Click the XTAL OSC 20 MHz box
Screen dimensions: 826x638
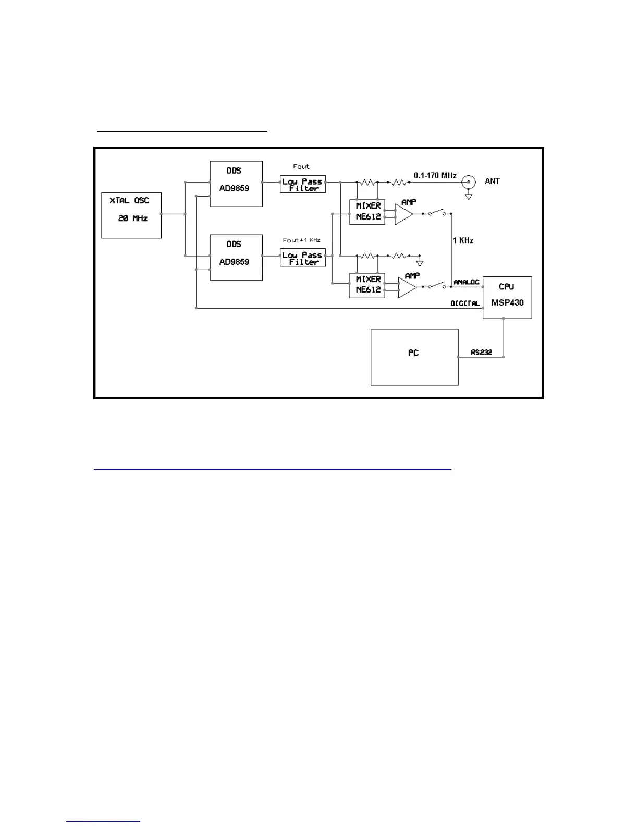[x=131, y=215]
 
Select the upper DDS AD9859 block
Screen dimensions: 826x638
[x=236, y=184]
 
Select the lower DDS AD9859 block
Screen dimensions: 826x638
[x=236, y=257]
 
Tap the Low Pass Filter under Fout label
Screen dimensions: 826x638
[x=302, y=185]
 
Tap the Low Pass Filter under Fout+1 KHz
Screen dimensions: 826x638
[x=302, y=258]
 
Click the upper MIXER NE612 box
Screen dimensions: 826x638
[x=367, y=211]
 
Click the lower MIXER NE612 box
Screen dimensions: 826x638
[x=367, y=285]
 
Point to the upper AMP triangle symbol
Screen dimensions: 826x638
[x=402, y=214]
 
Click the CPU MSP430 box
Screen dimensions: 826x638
[x=507, y=297]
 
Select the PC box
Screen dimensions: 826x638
[x=414, y=357]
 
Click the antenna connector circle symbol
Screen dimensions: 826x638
[x=469, y=181]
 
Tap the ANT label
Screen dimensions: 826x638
[x=492, y=181]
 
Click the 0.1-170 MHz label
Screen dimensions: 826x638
[x=435, y=176]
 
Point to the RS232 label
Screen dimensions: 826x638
[x=481, y=352]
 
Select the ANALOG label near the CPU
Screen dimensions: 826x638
[x=466, y=282]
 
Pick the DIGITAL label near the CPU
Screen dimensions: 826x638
[x=465, y=303]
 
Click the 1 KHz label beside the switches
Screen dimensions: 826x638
[x=463, y=240]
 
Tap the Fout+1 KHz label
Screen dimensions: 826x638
[x=301, y=240]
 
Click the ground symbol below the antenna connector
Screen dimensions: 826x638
[x=469, y=196]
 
